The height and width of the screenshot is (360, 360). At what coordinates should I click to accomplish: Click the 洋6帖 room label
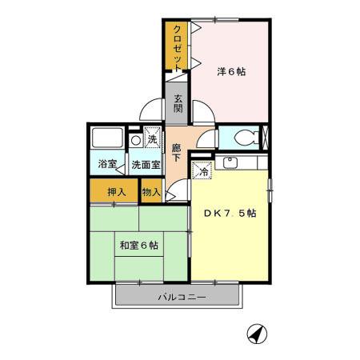click(x=231, y=72)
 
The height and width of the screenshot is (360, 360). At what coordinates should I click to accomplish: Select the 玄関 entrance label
click(x=177, y=104)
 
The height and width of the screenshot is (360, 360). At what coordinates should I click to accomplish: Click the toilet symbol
click(x=254, y=137)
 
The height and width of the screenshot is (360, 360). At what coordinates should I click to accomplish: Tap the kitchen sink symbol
click(x=230, y=162)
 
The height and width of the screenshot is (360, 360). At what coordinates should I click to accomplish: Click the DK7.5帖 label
click(x=230, y=214)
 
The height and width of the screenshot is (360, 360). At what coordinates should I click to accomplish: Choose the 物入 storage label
click(x=151, y=192)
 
